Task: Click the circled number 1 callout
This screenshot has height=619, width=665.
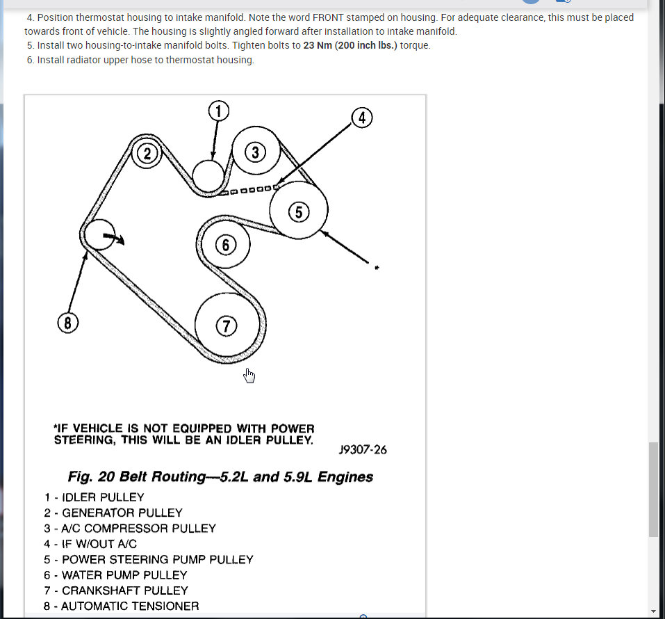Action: coord(218,111)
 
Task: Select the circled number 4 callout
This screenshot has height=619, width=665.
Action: coord(361,118)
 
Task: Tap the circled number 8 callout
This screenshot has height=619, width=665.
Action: coord(67,323)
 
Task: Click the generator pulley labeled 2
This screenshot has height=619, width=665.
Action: coord(147,154)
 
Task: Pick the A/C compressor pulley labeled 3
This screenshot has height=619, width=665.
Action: coord(256,152)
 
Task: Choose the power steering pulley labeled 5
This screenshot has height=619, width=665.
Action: coord(299,211)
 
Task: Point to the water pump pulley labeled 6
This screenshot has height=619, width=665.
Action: coord(225,245)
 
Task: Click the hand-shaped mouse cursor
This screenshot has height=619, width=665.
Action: coord(249,376)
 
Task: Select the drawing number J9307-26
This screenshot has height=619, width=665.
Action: coord(363,449)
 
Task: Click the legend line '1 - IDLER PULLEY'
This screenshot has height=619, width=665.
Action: coord(94,497)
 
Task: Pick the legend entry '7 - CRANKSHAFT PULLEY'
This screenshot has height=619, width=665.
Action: coord(115,590)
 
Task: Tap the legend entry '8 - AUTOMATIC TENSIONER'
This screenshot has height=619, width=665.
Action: coord(121,606)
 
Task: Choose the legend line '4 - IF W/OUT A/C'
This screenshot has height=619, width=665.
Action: coord(90,544)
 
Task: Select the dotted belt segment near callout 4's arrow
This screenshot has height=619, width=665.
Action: coord(250,190)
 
